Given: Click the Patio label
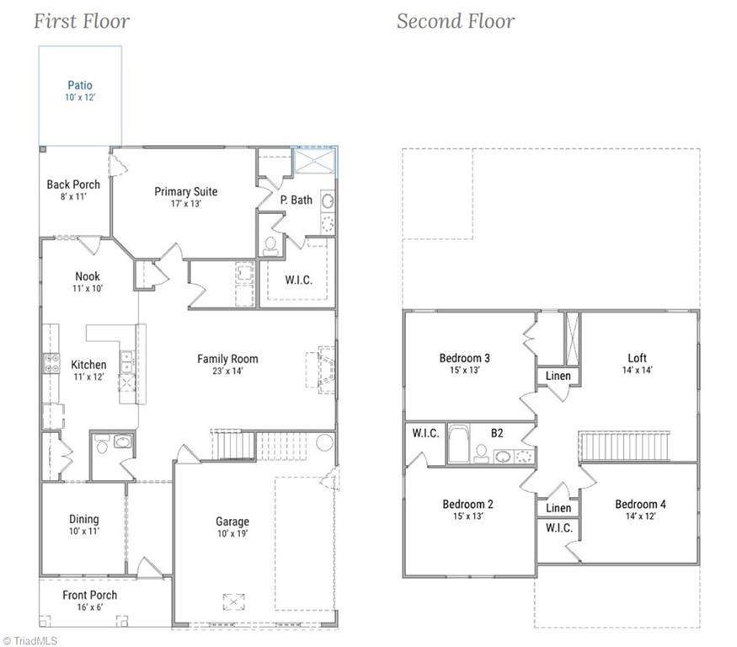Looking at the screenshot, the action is pos(80,85).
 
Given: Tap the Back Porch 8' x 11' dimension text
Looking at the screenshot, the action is pos(73,196).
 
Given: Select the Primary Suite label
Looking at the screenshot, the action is pos(186,191).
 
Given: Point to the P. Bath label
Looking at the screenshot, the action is pos(296,200).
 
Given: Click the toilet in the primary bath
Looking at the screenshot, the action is pos(270,246).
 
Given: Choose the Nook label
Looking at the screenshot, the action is pos(88,276).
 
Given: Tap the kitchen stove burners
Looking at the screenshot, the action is pos(51,363).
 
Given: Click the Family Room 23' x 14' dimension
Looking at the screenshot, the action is pos(227,371).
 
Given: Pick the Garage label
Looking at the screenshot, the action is pos(232,521).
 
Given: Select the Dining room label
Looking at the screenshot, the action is pos(84,519).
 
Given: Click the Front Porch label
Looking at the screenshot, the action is pos(90,595).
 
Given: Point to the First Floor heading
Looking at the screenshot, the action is pos(82,21).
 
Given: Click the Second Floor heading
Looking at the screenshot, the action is pos(456,21).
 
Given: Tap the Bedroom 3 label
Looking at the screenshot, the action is pos(464,358).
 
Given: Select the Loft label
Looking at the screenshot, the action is pos(637,358).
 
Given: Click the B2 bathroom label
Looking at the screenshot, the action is pos(497,432).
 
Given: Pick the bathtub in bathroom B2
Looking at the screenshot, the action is pos(458,443).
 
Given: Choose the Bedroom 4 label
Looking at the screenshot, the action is pos(640,504).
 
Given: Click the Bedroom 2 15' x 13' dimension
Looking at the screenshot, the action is pos(467,516).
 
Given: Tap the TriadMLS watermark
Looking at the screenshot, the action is pos(30,640).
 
